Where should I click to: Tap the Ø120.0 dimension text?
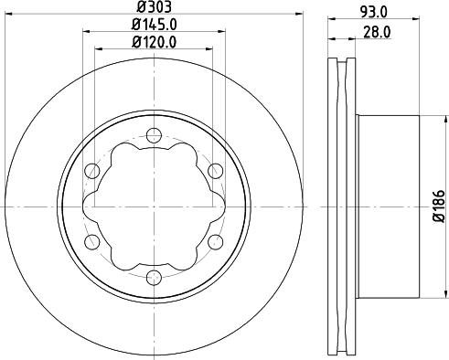click(152, 41)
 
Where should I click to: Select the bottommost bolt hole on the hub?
click(152, 277)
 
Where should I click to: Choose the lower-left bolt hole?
click(91, 242)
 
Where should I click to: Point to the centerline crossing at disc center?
click(152, 207)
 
